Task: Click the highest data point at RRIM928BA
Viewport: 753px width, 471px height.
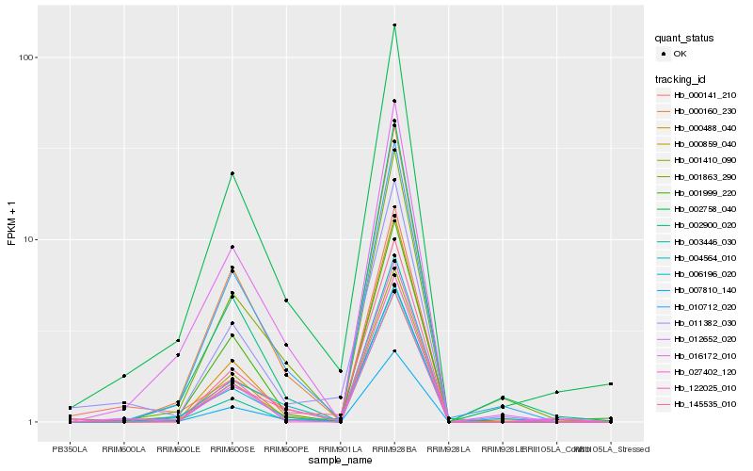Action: [x=394, y=25]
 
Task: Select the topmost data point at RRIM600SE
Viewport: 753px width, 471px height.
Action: [x=232, y=173]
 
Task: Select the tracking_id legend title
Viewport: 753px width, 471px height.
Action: [x=683, y=78]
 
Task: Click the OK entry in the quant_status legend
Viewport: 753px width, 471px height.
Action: [x=680, y=54]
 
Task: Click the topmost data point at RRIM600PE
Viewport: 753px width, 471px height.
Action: [x=286, y=300]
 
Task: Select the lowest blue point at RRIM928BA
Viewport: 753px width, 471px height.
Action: [x=394, y=350]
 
